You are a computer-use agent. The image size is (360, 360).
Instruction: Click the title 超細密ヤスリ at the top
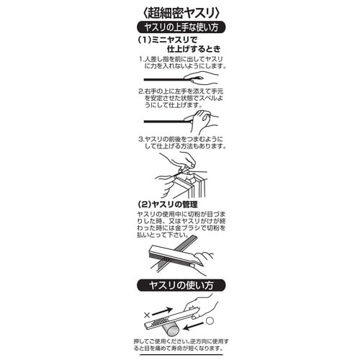pos(179,12)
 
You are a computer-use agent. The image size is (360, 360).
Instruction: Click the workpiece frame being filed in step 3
pos(189,186)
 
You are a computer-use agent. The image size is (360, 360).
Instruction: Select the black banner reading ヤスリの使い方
pos(179,284)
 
